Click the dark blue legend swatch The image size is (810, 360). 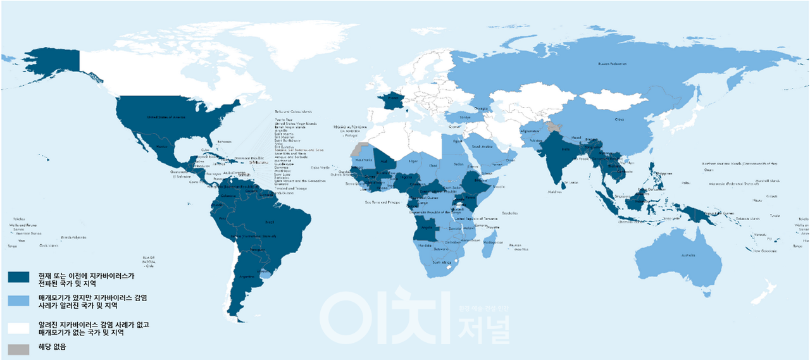(18, 276)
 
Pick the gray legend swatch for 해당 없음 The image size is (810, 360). (18, 348)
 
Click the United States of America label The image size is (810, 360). (166, 117)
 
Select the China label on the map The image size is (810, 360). (620, 118)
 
